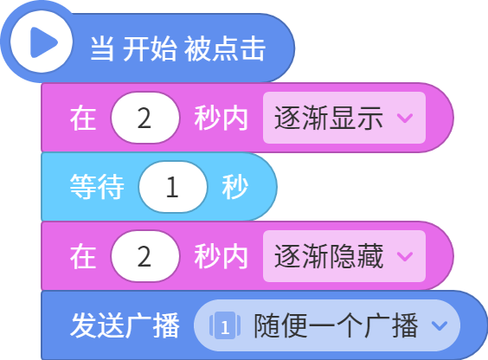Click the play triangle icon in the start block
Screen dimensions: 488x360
pos(43,42)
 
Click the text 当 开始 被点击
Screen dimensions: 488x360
pos(177,48)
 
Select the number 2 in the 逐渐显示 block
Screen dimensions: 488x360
pos(144,119)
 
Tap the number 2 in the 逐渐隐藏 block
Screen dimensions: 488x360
pos(144,256)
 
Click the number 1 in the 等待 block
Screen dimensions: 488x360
pos(172,187)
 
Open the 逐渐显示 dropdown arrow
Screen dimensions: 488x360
pos(405,119)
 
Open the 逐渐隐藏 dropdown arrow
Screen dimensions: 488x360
pos(405,256)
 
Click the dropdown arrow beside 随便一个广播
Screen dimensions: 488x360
pos(440,325)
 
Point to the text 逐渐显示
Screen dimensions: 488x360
pos(328,118)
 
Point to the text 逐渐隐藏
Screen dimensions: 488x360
pos(328,256)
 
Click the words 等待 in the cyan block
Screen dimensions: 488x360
pos(97,187)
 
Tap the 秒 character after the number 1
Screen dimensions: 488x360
pos(235,187)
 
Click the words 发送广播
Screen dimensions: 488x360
pos(125,325)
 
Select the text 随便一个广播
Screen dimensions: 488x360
pos(336,325)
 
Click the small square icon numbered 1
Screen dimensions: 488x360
pos(225,325)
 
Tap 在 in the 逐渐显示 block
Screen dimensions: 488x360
pos(83,118)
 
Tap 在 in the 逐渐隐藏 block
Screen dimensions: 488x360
pos(83,256)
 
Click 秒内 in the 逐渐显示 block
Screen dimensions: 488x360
pos(221,118)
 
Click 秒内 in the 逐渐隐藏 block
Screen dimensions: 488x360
pos(221,256)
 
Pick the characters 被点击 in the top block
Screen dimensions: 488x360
pos(225,48)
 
